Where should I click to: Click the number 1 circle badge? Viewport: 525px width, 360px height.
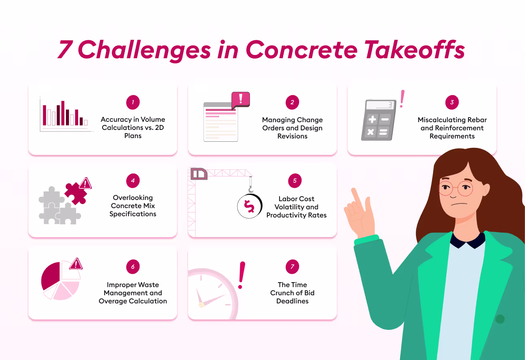pyautogui.click(x=133, y=103)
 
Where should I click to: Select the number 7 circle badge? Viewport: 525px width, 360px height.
pyautogui.click(x=292, y=267)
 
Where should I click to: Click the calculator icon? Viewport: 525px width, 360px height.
pyautogui.click(x=377, y=121)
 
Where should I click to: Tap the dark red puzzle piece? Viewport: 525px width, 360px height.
pyautogui.click(x=75, y=192)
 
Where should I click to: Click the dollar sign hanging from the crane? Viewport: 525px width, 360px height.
pyautogui.click(x=249, y=206)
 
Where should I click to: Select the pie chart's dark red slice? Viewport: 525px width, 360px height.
pyautogui.click(x=50, y=275)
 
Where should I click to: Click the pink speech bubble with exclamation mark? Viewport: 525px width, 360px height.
pyautogui.click(x=240, y=99)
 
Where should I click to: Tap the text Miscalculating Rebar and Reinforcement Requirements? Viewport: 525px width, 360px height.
pyautogui.click(x=452, y=128)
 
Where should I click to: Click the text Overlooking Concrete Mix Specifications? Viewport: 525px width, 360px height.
pyautogui.click(x=133, y=206)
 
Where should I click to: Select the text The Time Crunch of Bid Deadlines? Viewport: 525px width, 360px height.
pyautogui.click(x=292, y=293)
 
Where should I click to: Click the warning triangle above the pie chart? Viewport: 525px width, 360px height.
pyautogui.click(x=76, y=264)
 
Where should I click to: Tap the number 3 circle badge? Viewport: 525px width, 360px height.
pyautogui.click(x=452, y=103)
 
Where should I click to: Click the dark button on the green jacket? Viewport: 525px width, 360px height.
pyautogui.click(x=500, y=319)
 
